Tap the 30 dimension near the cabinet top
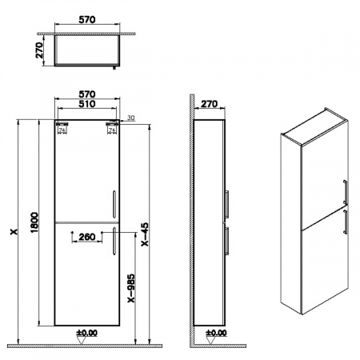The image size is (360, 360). tap(130, 118)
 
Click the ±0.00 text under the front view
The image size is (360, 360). tap(86, 333)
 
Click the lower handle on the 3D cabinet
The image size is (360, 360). tap(345, 222)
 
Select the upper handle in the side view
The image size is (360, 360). tap(229, 203)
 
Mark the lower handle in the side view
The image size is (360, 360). tap(229, 239)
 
